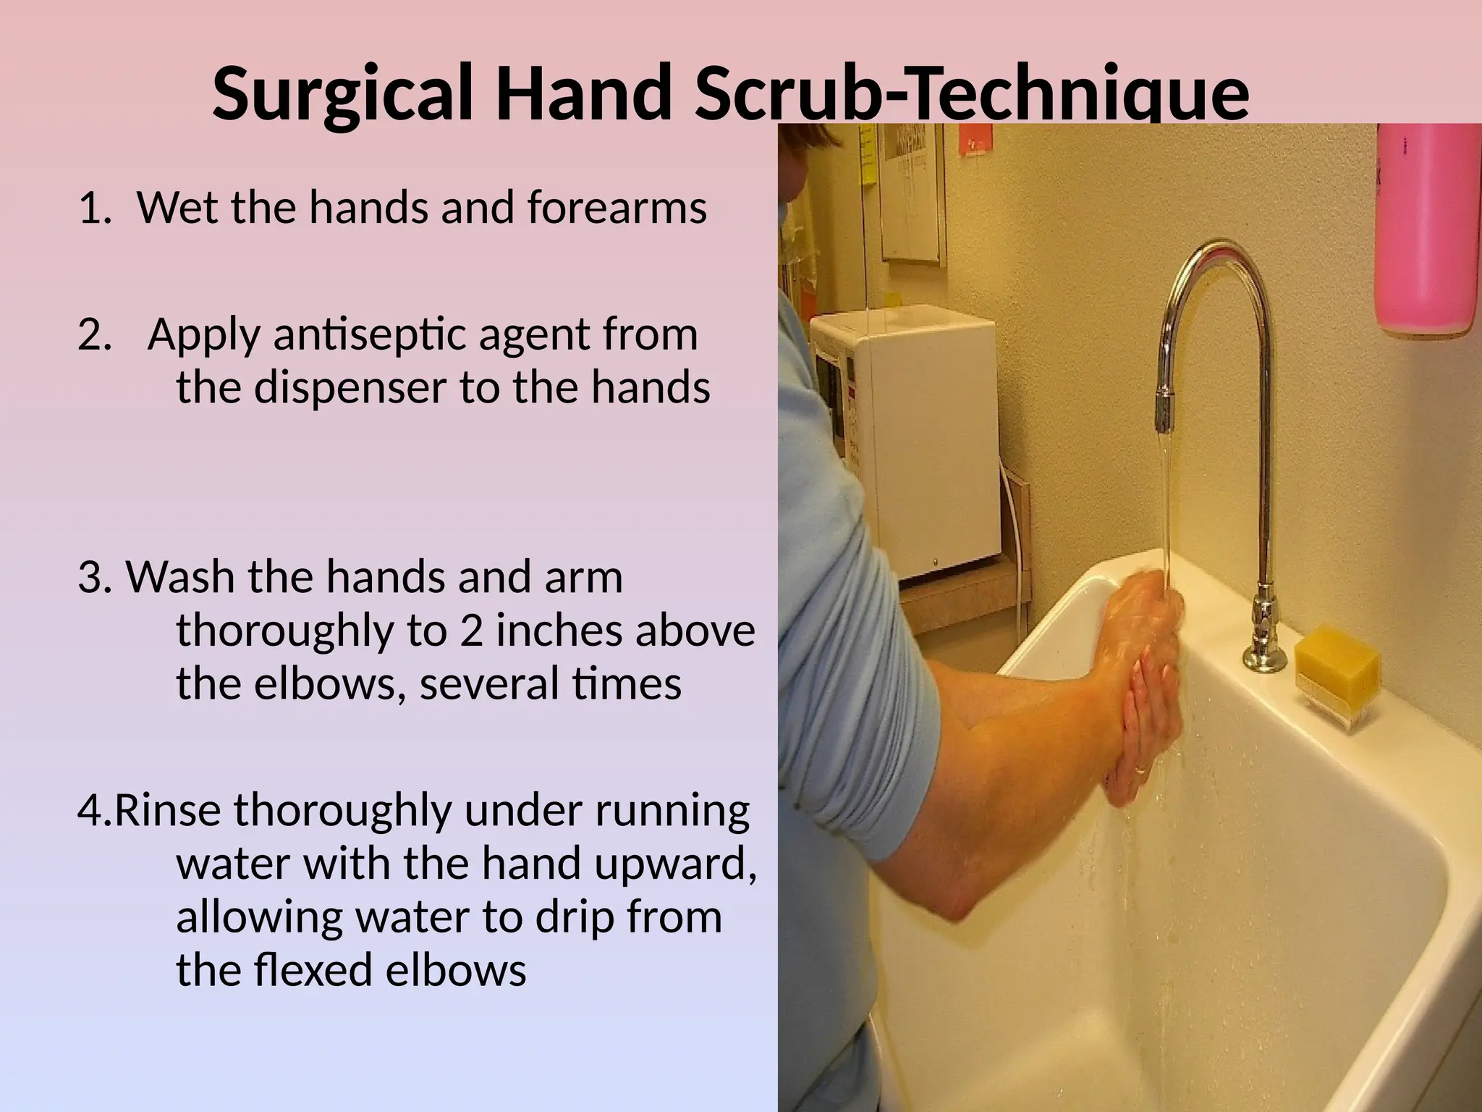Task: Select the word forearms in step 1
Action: pyautogui.click(x=617, y=208)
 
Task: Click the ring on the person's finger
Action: pyautogui.click(x=1141, y=770)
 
